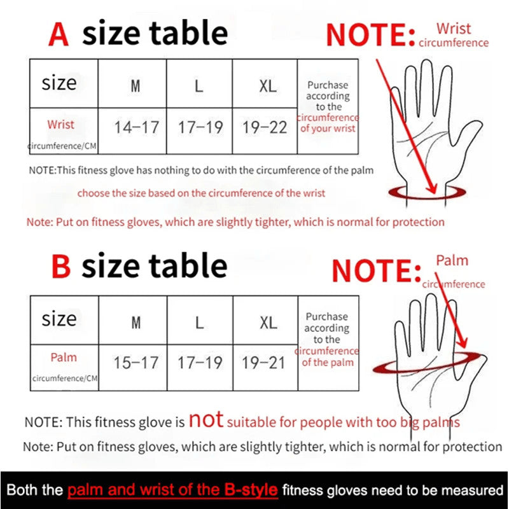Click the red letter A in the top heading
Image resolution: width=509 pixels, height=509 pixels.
click(x=59, y=34)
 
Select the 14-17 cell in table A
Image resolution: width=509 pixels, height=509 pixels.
click(x=136, y=127)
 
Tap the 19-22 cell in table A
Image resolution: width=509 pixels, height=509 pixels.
click(x=265, y=127)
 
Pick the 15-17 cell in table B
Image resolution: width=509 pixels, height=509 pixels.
click(x=136, y=363)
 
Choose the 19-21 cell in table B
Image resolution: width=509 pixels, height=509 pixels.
click(x=264, y=363)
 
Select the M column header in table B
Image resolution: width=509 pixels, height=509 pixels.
click(x=136, y=323)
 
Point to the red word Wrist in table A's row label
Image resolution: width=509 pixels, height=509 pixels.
click(x=60, y=125)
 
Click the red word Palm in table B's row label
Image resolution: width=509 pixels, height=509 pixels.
click(x=63, y=358)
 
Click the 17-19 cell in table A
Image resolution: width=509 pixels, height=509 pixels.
click(x=200, y=127)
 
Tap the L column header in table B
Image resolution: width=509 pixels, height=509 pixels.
click(x=200, y=323)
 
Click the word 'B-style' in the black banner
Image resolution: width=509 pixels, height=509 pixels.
click(x=251, y=491)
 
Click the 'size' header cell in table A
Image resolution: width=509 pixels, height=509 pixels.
click(x=59, y=83)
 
